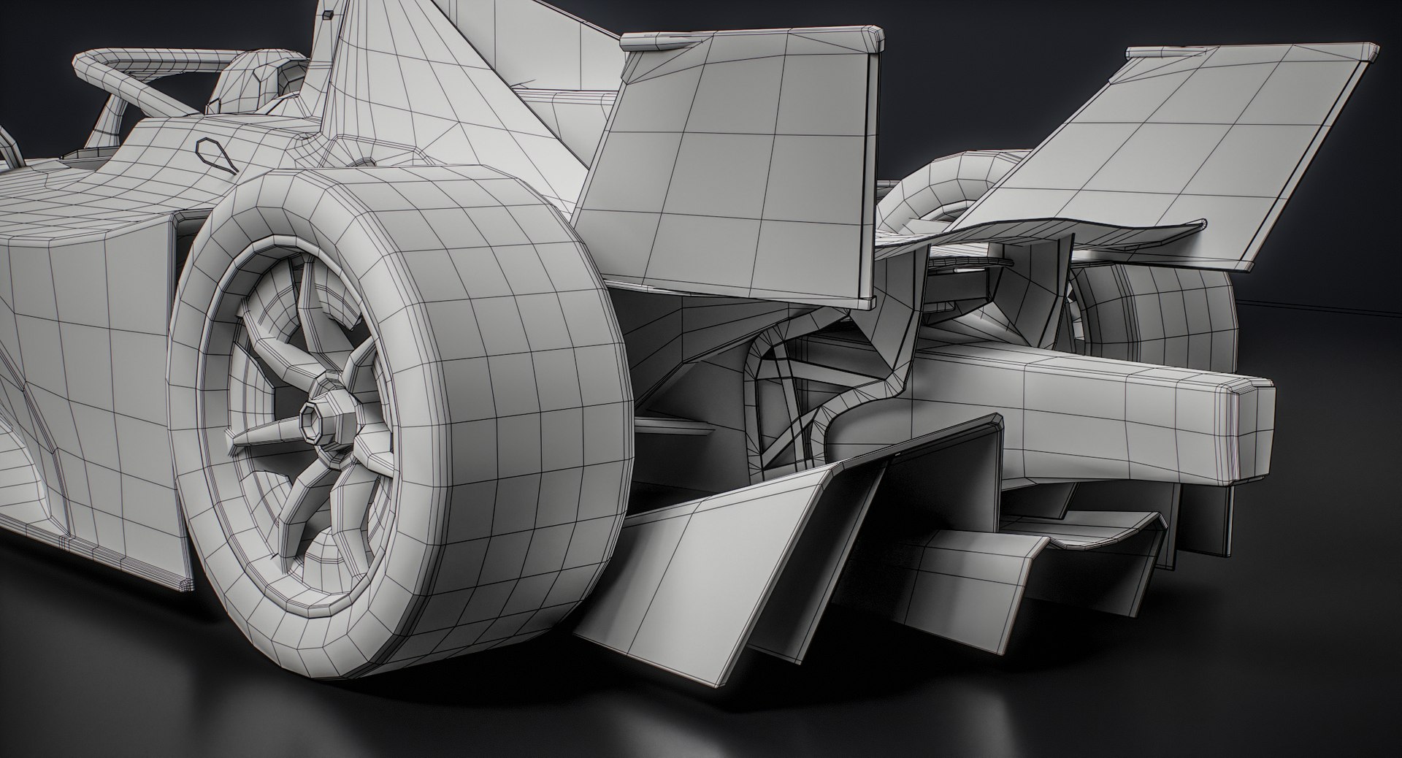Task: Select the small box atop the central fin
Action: click(x=328, y=13)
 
